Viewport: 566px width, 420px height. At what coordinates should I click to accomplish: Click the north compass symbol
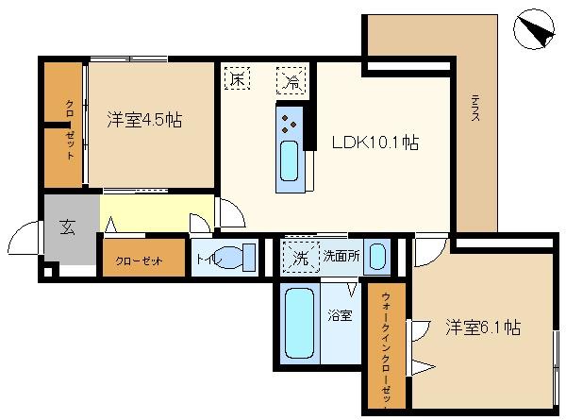(534, 29)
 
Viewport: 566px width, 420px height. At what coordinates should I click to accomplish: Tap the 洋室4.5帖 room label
(144, 120)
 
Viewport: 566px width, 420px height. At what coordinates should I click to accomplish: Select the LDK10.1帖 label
(375, 142)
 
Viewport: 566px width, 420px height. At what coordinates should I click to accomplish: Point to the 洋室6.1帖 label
(483, 328)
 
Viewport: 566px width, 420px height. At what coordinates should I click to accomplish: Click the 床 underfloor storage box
(237, 78)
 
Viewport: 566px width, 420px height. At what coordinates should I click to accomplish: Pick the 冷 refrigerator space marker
(291, 80)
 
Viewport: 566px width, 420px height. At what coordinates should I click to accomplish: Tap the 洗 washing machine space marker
(301, 257)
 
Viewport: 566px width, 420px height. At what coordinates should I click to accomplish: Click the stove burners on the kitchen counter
(289, 124)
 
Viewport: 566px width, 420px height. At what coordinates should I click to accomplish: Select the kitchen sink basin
(290, 161)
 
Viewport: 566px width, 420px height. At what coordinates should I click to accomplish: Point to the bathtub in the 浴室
(299, 323)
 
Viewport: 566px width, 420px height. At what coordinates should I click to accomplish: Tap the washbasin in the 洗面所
(377, 257)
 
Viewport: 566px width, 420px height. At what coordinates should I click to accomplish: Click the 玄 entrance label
(68, 227)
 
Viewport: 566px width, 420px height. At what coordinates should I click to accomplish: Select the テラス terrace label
(475, 108)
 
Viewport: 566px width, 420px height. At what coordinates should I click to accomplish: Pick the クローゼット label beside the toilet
(139, 260)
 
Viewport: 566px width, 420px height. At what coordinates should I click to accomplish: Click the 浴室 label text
(340, 315)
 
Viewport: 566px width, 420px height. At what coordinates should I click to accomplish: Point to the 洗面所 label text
(341, 256)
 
